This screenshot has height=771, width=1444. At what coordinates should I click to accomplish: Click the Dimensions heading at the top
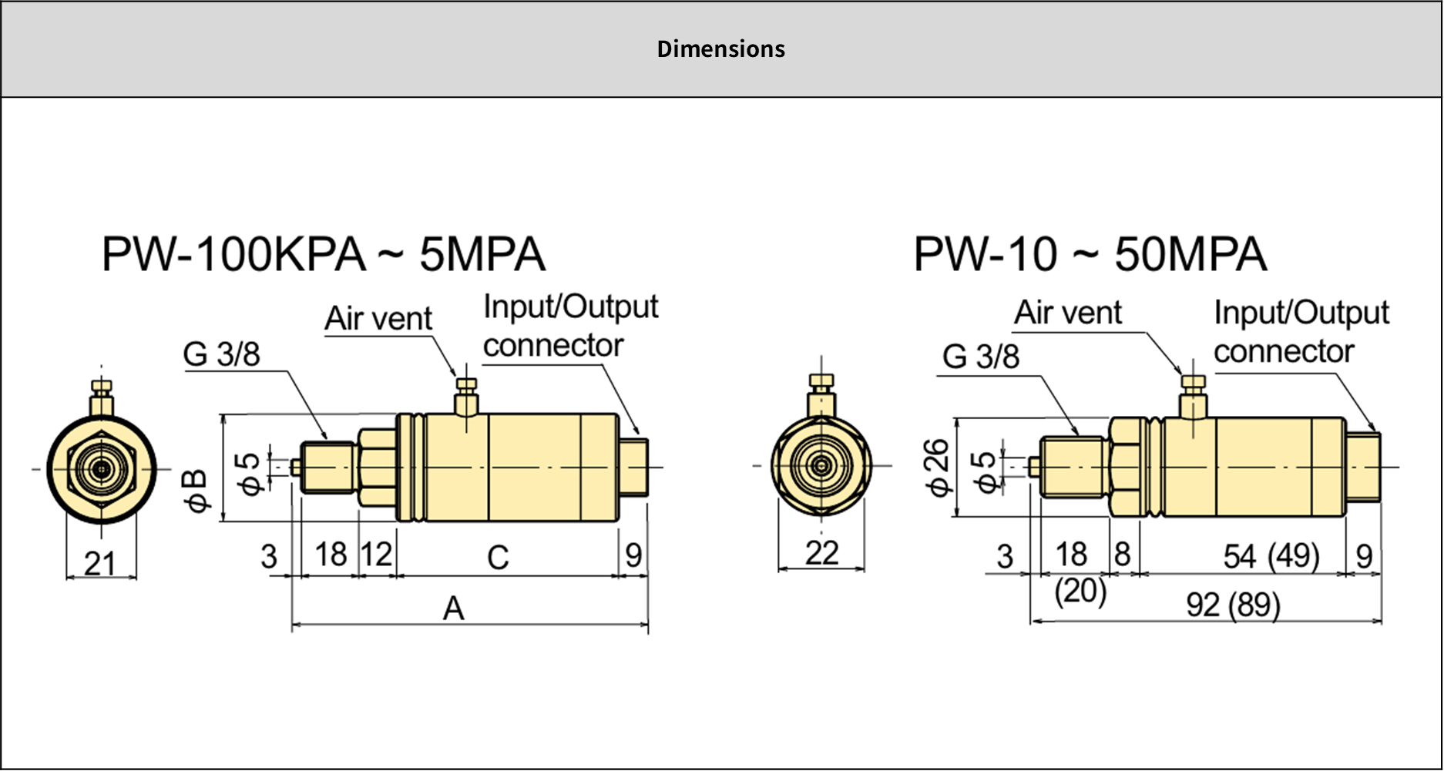tap(720, 49)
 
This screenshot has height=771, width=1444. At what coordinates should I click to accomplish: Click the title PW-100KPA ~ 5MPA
tap(324, 255)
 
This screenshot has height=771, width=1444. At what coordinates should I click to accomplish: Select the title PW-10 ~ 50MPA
tap(1090, 255)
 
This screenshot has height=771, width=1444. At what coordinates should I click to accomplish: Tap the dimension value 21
tap(100, 564)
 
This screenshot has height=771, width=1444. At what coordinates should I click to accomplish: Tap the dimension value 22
tap(821, 553)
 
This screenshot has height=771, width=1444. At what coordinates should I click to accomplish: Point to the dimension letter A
tap(454, 609)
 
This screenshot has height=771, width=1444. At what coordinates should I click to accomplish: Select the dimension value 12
tap(377, 555)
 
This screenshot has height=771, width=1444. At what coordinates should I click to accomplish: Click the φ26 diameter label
tap(937, 468)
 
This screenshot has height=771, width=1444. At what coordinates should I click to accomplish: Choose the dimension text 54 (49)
tap(1271, 556)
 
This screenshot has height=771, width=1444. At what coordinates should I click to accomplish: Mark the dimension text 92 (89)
tap(1233, 605)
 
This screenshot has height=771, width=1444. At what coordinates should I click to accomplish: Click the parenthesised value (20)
tap(1080, 592)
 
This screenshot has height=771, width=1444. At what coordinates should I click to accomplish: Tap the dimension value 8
tap(1122, 555)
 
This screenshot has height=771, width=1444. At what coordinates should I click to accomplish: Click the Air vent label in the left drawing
tap(378, 319)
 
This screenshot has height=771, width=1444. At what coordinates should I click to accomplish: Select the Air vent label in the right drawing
tap(1068, 313)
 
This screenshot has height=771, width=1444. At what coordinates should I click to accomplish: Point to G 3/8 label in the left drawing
tap(222, 354)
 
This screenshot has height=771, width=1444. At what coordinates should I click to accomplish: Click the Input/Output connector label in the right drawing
tap(1301, 332)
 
